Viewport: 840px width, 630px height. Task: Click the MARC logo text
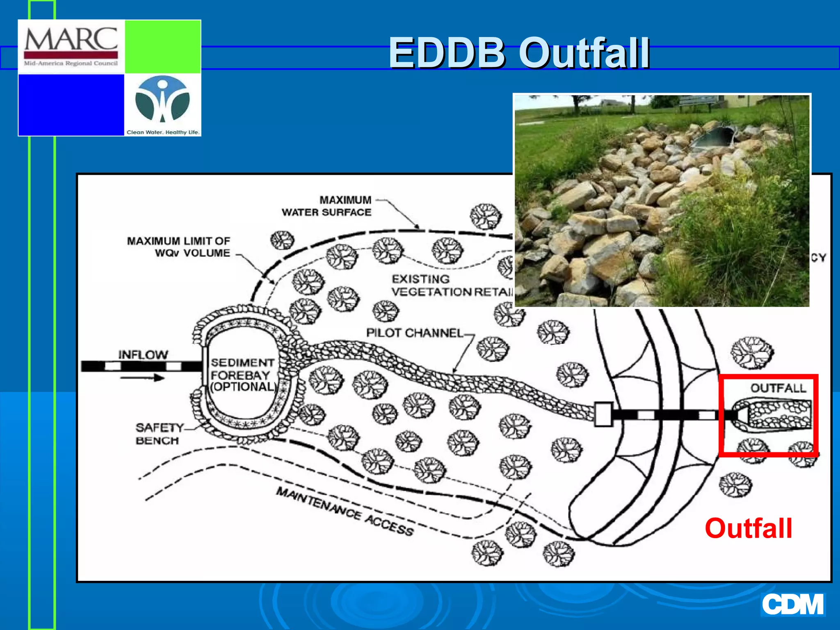pos(71,39)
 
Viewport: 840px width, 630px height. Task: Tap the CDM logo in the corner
pos(792,604)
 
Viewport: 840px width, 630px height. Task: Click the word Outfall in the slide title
pos(584,53)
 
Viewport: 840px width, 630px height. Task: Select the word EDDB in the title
pos(447,53)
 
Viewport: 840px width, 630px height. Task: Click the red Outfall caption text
pos(748,528)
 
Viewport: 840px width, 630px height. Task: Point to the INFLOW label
pos(143,354)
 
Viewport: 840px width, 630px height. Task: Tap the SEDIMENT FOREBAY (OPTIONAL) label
pos(242,374)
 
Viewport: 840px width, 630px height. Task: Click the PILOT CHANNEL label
pos(414,333)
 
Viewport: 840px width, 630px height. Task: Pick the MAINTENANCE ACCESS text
pos(345,511)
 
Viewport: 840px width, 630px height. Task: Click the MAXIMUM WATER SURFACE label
pos(327,206)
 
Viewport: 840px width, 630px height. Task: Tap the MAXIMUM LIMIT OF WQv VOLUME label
pos(179,247)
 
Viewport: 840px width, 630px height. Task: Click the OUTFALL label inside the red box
pos(778,388)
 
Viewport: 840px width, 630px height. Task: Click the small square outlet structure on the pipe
pos(603,414)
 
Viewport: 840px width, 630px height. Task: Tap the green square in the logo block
pos(162,47)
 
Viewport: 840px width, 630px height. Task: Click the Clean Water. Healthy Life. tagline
pos(163,132)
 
